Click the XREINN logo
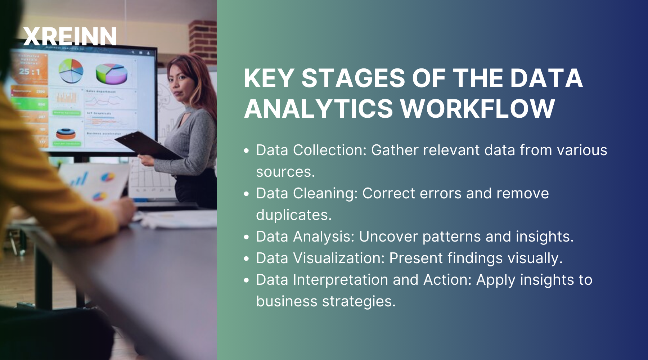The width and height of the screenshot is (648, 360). [70, 36]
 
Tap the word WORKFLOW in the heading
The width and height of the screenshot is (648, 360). [478, 108]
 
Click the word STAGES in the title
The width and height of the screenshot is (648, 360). [353, 78]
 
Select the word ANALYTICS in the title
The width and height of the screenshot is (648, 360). [319, 108]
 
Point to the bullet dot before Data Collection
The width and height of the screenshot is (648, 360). [247, 151]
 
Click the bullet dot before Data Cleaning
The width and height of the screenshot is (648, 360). [247, 194]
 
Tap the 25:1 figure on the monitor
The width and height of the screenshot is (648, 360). [30, 72]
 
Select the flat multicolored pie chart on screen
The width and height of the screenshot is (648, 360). [71, 70]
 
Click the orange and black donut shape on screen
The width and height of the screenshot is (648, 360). [66, 135]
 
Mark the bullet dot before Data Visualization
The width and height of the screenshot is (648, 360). [247, 258]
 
